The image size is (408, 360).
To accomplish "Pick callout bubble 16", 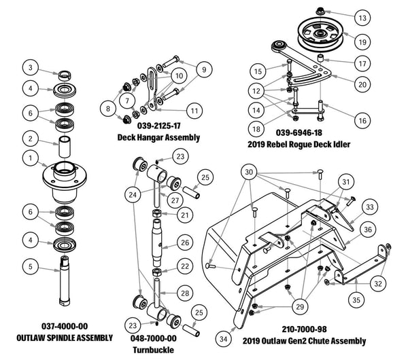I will (x=361, y=120).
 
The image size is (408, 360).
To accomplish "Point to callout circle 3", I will (x=29, y=67).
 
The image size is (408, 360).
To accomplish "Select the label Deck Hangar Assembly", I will (x=158, y=137).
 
